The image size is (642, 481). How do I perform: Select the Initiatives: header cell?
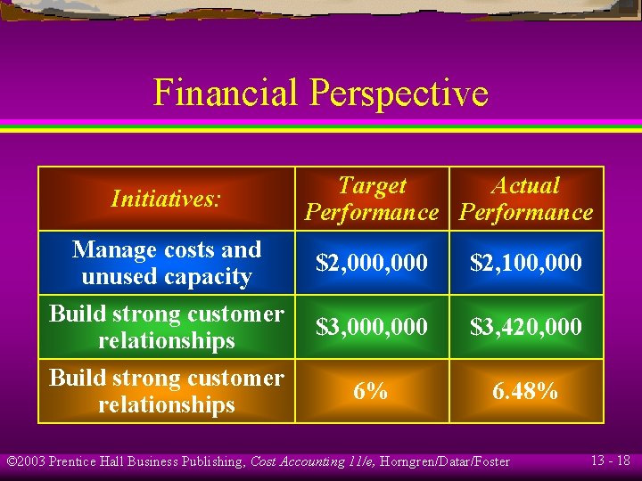coord(166,199)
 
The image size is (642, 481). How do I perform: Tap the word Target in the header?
coord(372,186)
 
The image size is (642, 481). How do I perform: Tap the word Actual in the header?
coord(526,186)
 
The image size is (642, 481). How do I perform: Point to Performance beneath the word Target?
coord(372,213)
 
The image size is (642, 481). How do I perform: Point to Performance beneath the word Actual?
coord(526,213)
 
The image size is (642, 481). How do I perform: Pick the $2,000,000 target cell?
coord(372,263)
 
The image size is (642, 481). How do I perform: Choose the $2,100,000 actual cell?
coord(526,263)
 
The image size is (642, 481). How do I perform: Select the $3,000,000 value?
coord(372,327)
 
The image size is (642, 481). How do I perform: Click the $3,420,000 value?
coord(526,327)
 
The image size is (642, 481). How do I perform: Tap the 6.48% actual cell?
coord(526,391)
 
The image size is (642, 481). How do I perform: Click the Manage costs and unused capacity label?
coord(167,263)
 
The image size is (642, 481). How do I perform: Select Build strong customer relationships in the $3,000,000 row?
coord(167,327)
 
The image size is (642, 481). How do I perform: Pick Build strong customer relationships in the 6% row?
coord(167,391)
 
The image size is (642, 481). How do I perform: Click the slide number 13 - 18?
coord(610,461)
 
